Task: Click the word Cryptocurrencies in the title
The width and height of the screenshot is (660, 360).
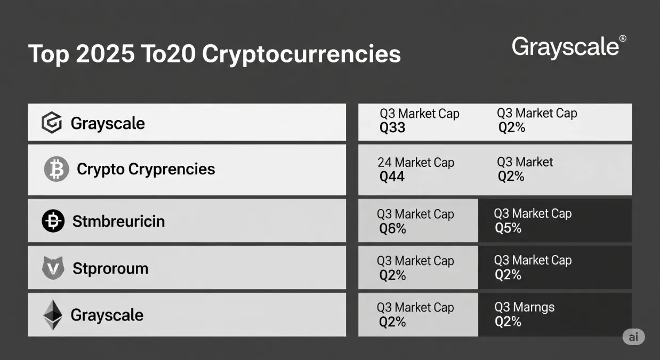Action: coord(302,54)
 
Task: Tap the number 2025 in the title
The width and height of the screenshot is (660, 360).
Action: coord(105,54)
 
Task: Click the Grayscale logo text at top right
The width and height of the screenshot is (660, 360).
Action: coord(565,47)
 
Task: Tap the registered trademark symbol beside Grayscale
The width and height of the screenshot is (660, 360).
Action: coord(623,39)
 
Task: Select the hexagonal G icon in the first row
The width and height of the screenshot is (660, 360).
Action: coord(52,123)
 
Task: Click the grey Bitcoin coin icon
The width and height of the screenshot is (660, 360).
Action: coord(56,170)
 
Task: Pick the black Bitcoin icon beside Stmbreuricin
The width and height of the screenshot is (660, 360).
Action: coord(53,221)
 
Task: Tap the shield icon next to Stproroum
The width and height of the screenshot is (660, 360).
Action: coord(53,268)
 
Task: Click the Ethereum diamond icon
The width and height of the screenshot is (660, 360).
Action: coord(52,315)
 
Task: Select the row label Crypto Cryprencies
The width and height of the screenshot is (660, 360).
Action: coord(146,170)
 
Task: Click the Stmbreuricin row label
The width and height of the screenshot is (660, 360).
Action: coord(118,221)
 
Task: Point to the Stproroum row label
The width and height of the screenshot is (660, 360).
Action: coord(110,268)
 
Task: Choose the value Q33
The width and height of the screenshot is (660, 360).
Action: coord(392,128)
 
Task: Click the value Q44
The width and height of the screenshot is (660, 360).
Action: coord(392,177)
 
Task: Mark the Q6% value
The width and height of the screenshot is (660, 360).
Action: coord(392,229)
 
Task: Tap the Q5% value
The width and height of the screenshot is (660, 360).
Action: coord(508,228)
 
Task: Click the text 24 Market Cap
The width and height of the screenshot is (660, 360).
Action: coord(416,163)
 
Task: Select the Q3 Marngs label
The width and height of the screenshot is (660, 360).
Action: coord(525,307)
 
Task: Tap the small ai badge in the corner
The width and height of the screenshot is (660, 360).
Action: coord(633,337)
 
